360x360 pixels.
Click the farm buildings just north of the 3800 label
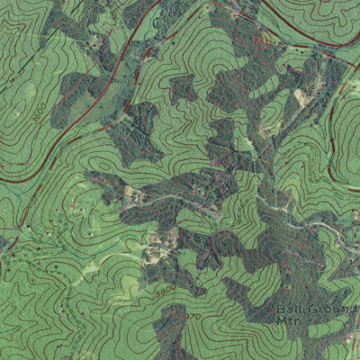(x=162, y=238)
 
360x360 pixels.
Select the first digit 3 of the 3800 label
(x=155, y=294)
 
